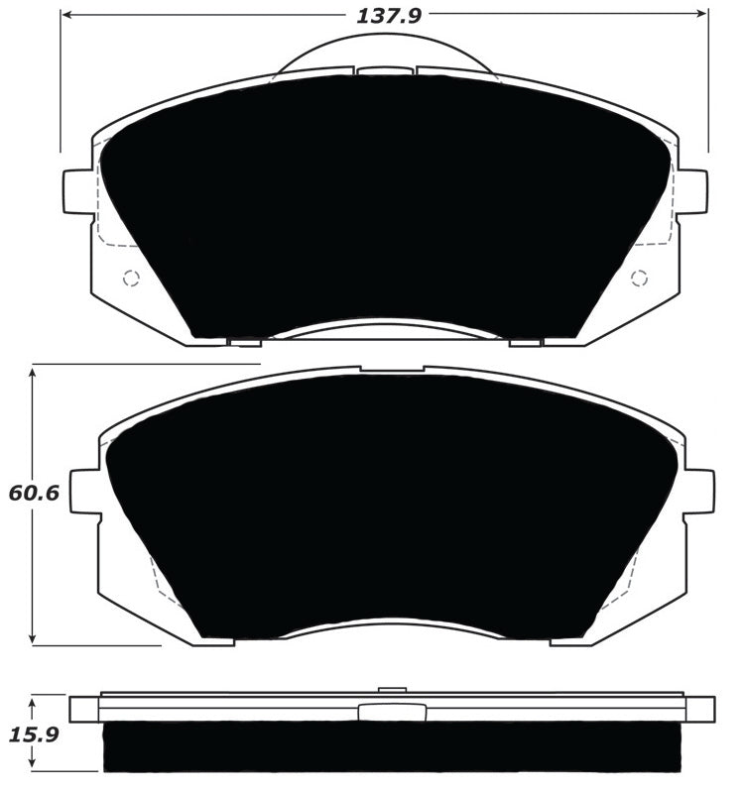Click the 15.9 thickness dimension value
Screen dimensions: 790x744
pyautogui.click(x=32, y=735)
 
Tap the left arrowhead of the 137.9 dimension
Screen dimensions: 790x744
pyautogui.click(x=65, y=16)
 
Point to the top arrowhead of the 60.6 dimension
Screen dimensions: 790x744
pyautogui.click(x=33, y=370)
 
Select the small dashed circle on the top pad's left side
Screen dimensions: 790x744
pyautogui.click(x=130, y=279)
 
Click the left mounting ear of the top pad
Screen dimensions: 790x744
pyautogui.click(x=76, y=191)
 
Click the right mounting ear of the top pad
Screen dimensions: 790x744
pyautogui.click(x=693, y=191)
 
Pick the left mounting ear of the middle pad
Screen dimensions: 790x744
pyautogui.click(x=84, y=492)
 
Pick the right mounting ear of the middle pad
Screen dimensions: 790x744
pyautogui.click(x=699, y=492)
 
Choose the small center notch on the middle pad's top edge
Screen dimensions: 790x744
pyautogui.click(x=392, y=368)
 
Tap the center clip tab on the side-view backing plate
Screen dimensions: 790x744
pyautogui.click(x=392, y=712)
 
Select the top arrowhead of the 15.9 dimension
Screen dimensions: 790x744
pyautogui.click(x=33, y=701)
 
